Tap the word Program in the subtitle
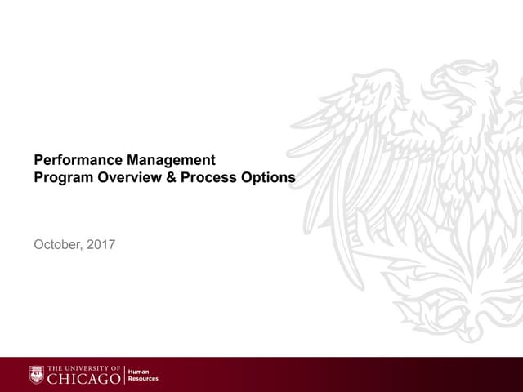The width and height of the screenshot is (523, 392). (60, 176)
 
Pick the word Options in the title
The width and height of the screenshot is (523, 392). (266, 176)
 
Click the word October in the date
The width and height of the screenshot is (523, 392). (57, 243)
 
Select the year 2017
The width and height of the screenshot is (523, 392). (101, 243)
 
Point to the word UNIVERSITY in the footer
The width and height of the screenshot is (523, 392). (90, 368)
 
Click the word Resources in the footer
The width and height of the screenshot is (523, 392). (144, 379)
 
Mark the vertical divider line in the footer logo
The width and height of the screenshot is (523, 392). (125, 375)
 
